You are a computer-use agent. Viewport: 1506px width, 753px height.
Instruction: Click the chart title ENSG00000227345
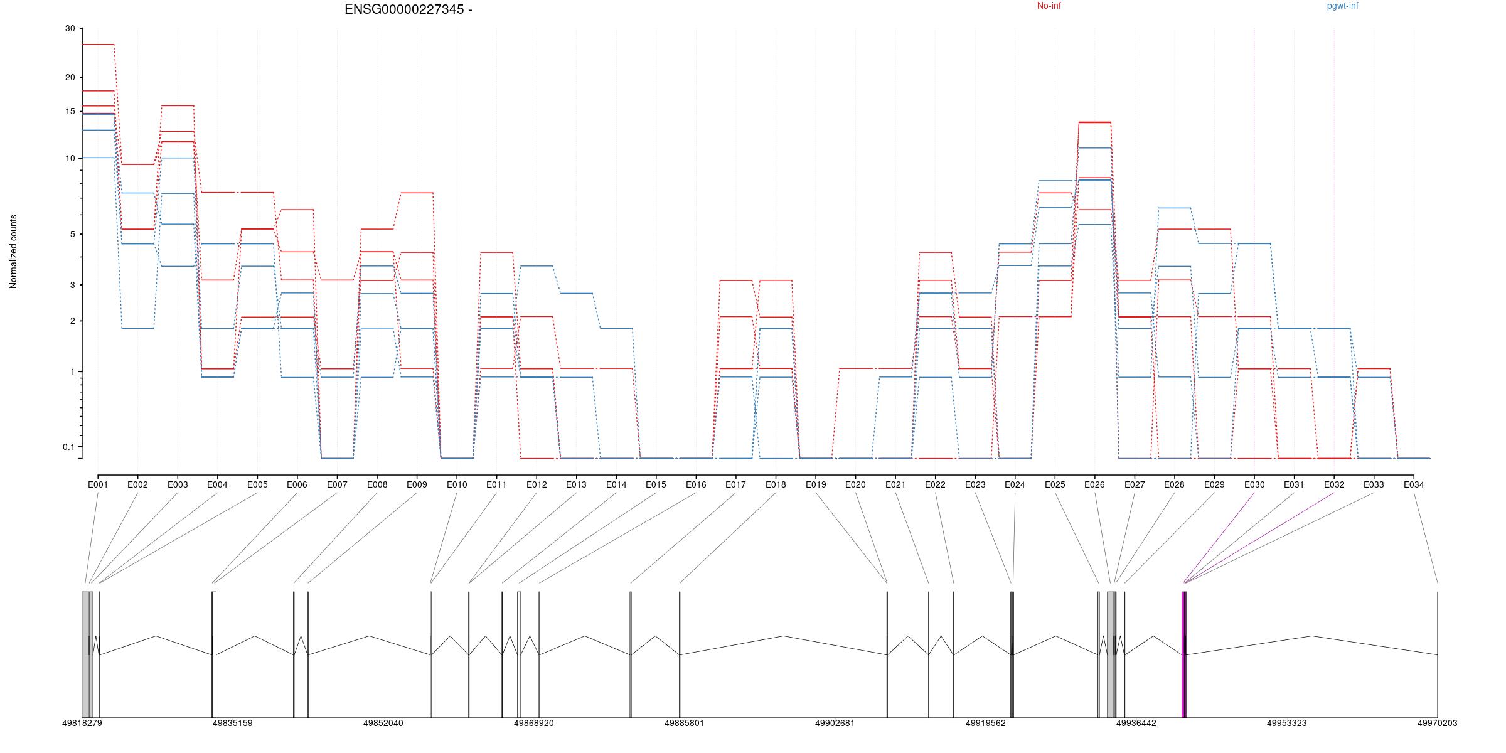(408, 9)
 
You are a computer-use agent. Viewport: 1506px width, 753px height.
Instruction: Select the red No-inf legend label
(1049, 6)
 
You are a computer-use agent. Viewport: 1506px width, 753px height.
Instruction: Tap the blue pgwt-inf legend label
(1342, 6)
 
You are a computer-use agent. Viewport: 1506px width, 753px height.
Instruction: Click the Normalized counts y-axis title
(13, 252)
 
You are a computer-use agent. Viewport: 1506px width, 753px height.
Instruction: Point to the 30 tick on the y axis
(70, 29)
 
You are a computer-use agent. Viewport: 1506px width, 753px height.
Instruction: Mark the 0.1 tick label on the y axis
(68, 447)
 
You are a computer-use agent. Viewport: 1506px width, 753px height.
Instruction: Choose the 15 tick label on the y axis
(70, 112)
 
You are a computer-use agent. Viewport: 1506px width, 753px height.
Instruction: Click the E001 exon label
(98, 484)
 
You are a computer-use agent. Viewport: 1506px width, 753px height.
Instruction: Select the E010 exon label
(457, 484)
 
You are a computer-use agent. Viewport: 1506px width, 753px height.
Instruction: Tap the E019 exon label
(816, 484)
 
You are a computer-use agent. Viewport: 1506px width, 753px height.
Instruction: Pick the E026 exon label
(1094, 484)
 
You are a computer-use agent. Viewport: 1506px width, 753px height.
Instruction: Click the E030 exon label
(1254, 484)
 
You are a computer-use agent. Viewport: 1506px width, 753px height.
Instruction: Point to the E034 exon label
(1414, 484)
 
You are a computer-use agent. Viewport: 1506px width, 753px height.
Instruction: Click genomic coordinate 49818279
(82, 723)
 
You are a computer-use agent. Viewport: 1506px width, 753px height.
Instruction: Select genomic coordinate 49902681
(835, 723)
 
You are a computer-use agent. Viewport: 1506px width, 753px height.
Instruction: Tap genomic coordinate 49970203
(1437, 723)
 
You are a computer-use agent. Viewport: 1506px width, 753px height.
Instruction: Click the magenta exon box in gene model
(1184, 653)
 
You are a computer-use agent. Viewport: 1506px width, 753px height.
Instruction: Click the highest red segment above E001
(98, 45)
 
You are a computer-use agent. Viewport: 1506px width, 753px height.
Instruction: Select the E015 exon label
(656, 484)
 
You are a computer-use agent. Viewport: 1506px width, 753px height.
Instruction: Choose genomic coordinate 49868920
(533, 723)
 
